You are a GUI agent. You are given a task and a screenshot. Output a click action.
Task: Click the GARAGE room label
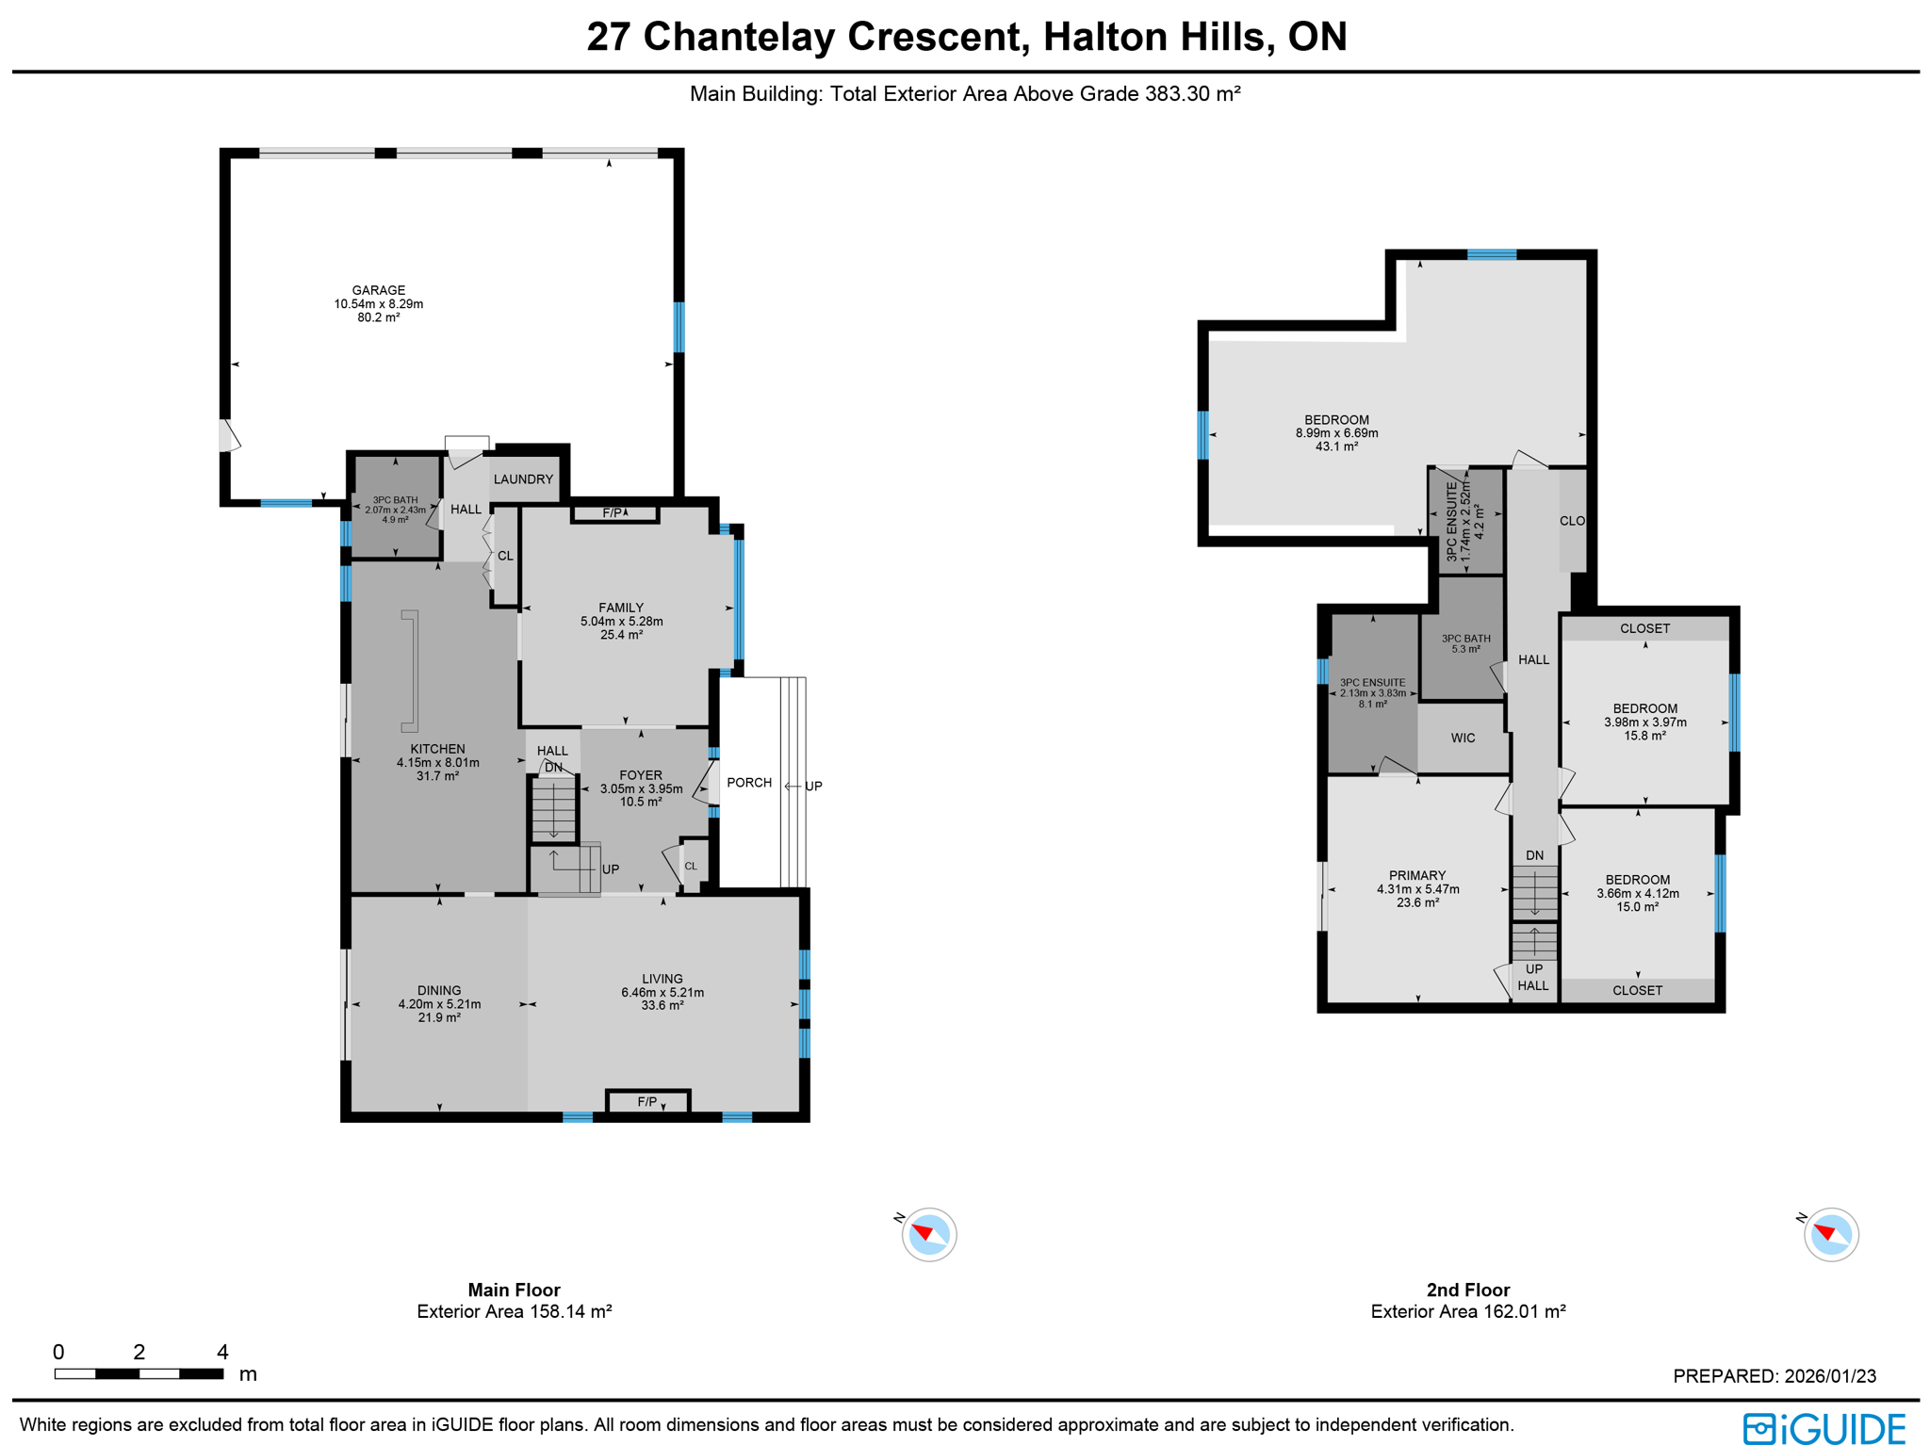[x=379, y=290]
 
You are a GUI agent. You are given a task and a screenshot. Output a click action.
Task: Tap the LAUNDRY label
[x=523, y=479]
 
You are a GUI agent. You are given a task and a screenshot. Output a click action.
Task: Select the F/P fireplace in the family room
[x=613, y=513]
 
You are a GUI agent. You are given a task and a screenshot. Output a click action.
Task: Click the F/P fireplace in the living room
[x=647, y=1101]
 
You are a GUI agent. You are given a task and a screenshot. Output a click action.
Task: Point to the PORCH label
[x=749, y=783]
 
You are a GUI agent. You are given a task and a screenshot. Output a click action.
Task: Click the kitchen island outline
[x=410, y=671]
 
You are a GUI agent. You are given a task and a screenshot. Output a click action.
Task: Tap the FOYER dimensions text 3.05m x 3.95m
[x=641, y=788]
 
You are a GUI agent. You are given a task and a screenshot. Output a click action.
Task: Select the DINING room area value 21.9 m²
[x=439, y=1017]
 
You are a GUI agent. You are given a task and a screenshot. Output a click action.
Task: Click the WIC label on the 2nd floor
[x=1463, y=738]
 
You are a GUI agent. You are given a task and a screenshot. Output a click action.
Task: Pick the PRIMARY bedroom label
[x=1416, y=875]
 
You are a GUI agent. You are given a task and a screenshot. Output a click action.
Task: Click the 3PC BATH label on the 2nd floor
[x=1465, y=639]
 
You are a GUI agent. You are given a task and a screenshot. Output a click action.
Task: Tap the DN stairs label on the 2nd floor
[x=1534, y=855]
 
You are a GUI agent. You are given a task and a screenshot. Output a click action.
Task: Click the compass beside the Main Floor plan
[x=929, y=1234]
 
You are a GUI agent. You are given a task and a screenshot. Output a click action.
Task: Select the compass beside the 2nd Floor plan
[x=1830, y=1234]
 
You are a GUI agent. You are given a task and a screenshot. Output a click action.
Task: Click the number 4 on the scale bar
[x=222, y=1353]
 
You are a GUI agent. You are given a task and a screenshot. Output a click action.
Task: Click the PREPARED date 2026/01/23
[x=1825, y=1376]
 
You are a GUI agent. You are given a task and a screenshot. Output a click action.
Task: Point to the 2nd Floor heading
[x=1467, y=1290]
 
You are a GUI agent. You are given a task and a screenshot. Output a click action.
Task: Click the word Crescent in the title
[x=934, y=37]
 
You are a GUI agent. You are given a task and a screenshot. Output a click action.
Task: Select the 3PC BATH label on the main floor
[x=395, y=500]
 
